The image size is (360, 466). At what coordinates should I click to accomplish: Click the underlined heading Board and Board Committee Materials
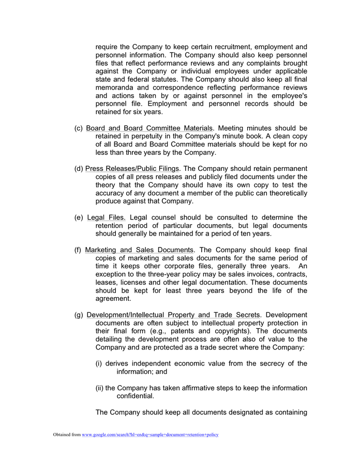[149, 128]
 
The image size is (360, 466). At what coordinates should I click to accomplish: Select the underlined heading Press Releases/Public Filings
[132, 168]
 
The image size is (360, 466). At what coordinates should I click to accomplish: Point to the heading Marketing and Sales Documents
[140, 250]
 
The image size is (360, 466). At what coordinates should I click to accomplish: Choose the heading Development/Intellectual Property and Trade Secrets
[173, 315]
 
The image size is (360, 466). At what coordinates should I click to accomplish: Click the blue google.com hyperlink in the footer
[150, 434]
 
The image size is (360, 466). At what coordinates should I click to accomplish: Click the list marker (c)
[79, 128]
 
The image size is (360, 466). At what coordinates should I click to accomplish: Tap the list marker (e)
[79, 217]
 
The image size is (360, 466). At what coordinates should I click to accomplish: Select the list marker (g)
[79, 315]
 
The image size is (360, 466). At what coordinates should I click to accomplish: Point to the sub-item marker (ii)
[100, 388]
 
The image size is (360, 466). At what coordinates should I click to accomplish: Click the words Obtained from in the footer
[67, 434]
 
